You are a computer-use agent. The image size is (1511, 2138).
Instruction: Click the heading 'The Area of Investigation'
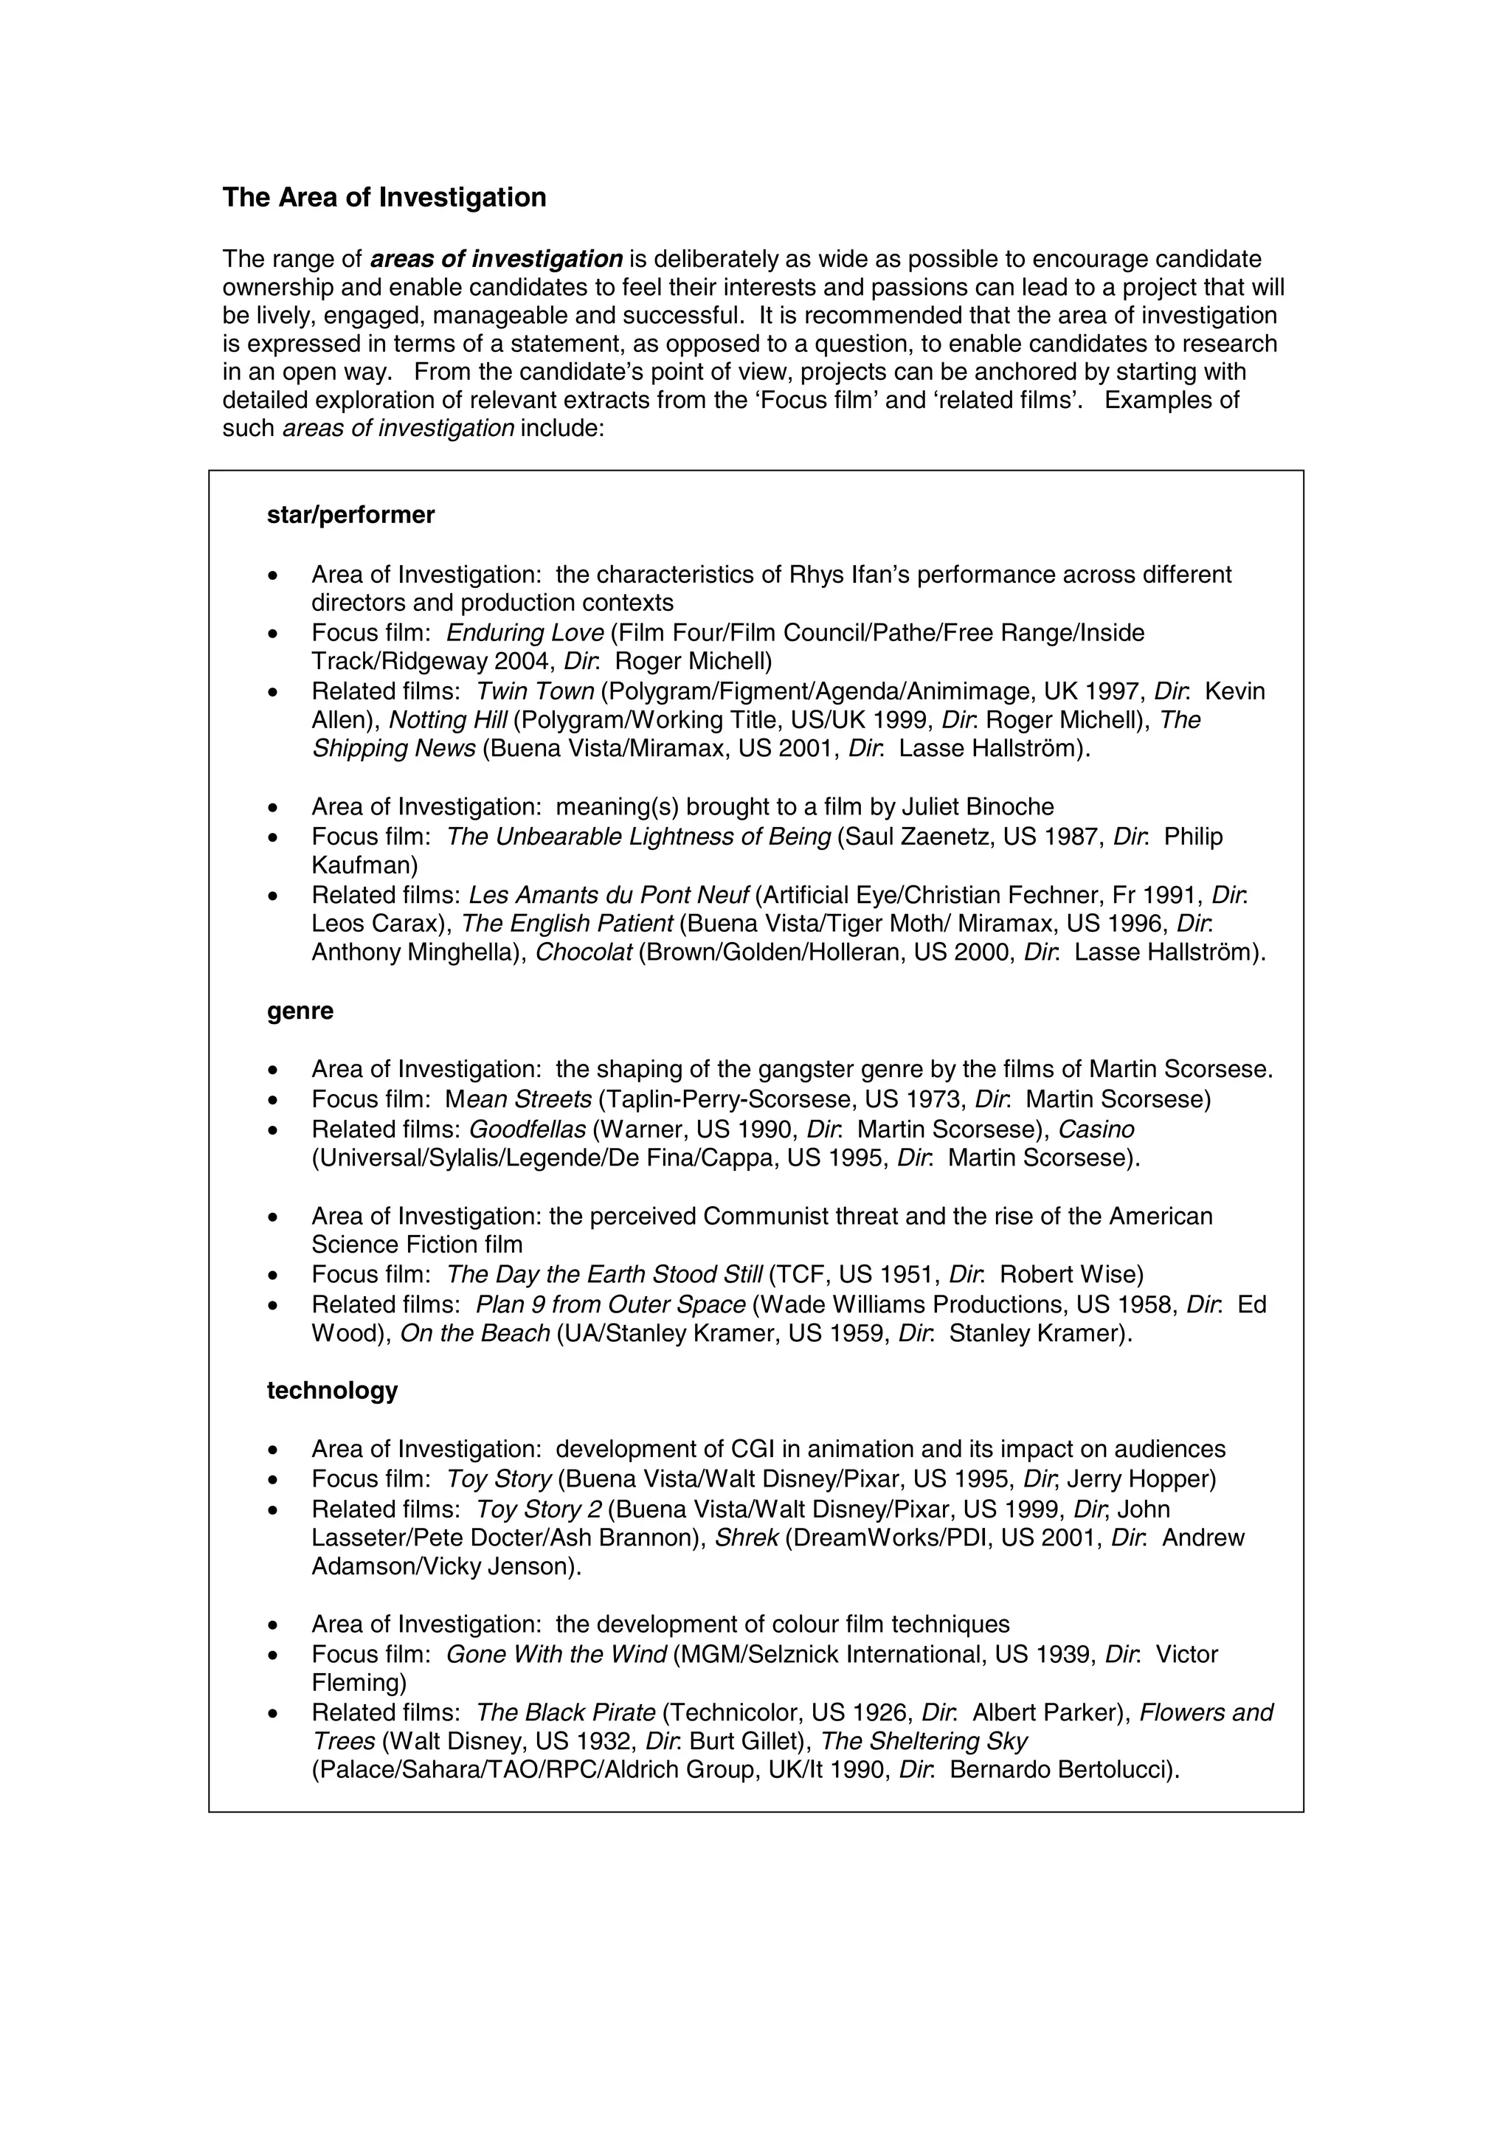click(x=384, y=198)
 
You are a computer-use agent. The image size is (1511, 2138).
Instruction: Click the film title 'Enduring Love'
click(x=525, y=633)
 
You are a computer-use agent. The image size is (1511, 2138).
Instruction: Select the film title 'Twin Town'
click(x=536, y=691)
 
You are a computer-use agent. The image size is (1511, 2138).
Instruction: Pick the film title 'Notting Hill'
click(x=448, y=720)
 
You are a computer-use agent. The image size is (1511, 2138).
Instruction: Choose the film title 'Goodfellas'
click(x=527, y=1129)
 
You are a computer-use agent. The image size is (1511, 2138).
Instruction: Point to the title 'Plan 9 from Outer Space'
click(x=611, y=1304)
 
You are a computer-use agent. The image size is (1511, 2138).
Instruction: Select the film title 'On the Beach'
click(x=475, y=1333)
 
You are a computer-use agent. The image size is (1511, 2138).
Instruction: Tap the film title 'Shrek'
click(x=747, y=1537)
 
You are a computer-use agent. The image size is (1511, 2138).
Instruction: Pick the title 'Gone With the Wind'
click(x=557, y=1654)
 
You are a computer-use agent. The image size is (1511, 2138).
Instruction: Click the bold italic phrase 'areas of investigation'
click(x=497, y=258)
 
